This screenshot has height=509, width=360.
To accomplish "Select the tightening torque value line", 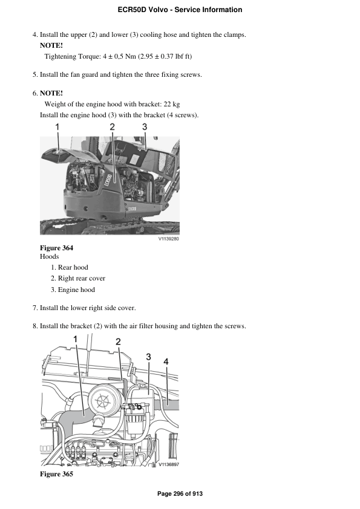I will click(x=119, y=56).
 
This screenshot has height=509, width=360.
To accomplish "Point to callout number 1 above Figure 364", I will click(x=57, y=127).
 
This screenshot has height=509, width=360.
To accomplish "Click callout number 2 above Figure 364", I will click(x=113, y=127).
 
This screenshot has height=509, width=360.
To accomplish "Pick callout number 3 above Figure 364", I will click(x=145, y=127).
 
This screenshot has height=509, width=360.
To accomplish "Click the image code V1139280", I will click(x=169, y=239).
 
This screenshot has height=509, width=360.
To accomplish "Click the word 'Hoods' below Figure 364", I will click(x=49, y=257).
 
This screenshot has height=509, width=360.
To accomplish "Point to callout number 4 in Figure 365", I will click(x=166, y=361).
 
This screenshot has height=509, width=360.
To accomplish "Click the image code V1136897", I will click(x=169, y=465).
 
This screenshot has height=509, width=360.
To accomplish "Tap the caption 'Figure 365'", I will click(x=56, y=474).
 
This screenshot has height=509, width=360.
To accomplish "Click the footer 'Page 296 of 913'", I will click(x=180, y=494).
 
